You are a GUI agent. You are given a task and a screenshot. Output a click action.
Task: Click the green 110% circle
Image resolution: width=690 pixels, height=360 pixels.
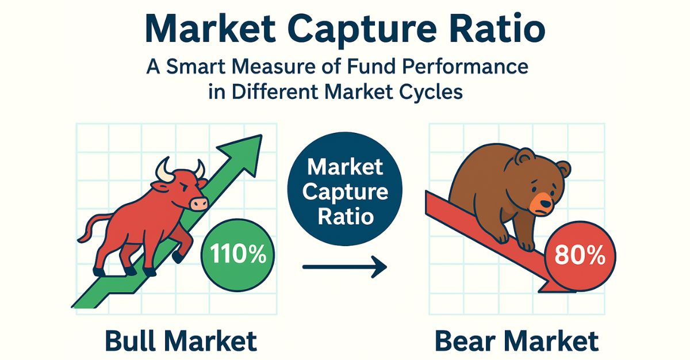[238, 254]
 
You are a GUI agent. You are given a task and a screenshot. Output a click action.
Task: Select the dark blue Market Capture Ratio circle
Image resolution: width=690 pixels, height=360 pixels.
[344, 192]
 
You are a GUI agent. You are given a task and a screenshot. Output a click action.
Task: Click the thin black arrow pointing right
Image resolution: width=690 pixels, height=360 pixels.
[344, 267]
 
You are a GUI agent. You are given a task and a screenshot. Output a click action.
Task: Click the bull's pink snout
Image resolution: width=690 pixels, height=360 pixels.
[199, 203]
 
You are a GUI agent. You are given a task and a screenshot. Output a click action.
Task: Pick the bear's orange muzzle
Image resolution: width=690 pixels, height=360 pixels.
[542, 202]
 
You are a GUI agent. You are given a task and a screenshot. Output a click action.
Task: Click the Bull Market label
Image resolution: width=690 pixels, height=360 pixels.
[181, 341]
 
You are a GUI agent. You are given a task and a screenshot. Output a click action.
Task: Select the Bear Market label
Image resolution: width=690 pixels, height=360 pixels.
[516, 341]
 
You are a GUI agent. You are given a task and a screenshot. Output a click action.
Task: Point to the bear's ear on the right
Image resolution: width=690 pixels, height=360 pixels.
[561, 170]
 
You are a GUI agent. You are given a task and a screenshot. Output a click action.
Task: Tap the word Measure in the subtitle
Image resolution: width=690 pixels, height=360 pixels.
[275, 67]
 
